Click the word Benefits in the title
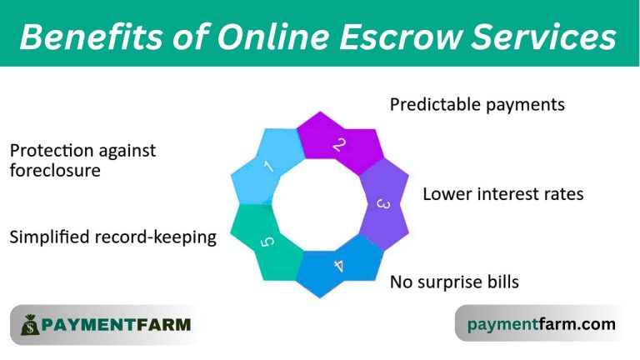[x=92, y=37]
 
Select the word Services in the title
[x=544, y=37]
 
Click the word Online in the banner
[x=273, y=37]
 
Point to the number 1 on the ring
[x=268, y=167]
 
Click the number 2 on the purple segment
[x=339, y=145]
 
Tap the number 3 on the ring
[x=382, y=204]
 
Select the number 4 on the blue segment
[x=339, y=266]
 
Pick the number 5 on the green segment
[x=267, y=242]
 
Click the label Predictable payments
[x=477, y=104]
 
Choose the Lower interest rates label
[x=502, y=194]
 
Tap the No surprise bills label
[x=454, y=282]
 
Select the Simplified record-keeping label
[x=113, y=237]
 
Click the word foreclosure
[x=55, y=170]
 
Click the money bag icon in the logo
[x=30, y=325]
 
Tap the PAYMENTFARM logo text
[x=116, y=325]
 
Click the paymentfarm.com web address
[x=541, y=324]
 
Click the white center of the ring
[x=319, y=204]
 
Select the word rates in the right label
[x=565, y=195]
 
